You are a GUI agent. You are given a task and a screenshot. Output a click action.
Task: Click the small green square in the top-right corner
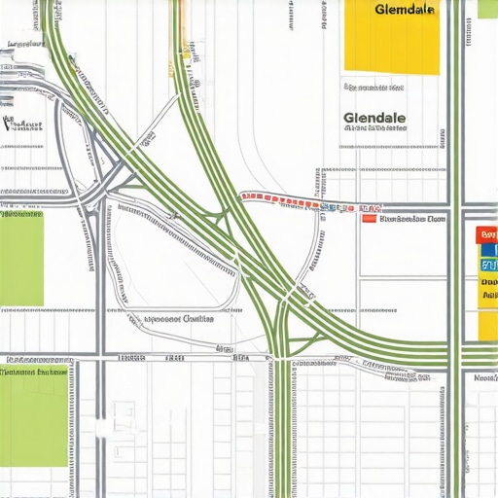487,9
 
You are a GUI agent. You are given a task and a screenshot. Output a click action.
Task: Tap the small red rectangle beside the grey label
368,219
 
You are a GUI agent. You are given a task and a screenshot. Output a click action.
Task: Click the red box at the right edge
487,234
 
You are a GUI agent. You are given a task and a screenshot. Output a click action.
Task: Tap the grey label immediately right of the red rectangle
412,220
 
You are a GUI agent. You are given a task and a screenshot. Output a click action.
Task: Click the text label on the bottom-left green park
34,372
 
